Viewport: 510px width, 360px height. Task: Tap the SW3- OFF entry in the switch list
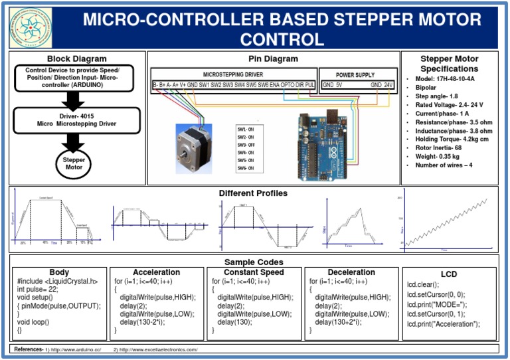tap(246, 144)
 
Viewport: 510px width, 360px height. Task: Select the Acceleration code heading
tap(156, 272)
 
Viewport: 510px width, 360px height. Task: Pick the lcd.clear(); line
tap(422, 284)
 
